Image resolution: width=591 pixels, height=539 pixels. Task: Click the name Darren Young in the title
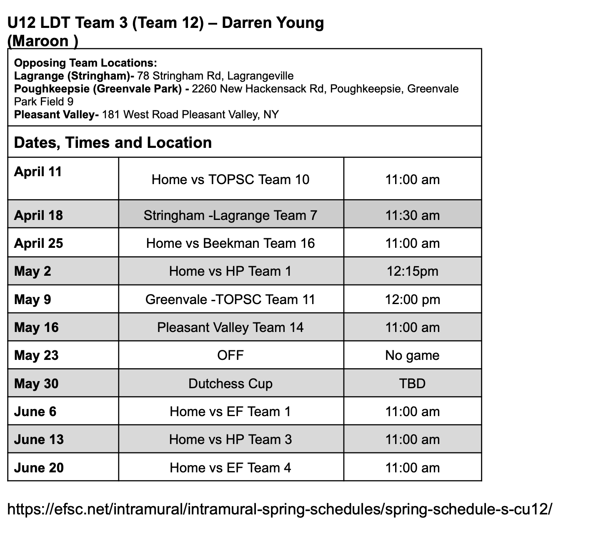pos(273,23)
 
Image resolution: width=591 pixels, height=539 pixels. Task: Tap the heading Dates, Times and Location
pos(113,143)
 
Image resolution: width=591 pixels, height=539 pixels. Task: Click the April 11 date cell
pos(38,172)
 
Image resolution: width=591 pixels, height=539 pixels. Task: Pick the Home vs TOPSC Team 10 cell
pos(230,180)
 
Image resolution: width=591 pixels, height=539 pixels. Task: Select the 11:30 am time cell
pos(412,215)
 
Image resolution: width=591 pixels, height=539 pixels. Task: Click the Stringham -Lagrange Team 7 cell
pos(230,215)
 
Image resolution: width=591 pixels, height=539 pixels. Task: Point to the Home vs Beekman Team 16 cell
pos(230,243)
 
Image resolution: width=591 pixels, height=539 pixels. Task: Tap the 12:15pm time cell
pos(412,271)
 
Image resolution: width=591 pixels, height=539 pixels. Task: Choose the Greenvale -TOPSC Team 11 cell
pos(230,299)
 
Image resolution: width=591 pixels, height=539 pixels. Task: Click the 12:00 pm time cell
pos(412,299)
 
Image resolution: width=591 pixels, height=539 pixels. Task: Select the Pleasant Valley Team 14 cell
pos(230,327)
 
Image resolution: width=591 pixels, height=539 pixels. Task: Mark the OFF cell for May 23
pos(230,355)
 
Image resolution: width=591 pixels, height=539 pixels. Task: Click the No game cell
pos(412,355)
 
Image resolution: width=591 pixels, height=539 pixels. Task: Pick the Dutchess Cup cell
pos(230,384)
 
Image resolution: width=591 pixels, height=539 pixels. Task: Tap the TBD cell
pos(412,384)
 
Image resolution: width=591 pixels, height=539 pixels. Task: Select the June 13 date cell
pos(39,439)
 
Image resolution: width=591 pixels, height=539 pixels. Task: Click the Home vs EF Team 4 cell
pos(230,468)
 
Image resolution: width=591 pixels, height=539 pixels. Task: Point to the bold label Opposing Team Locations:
pos(85,63)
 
